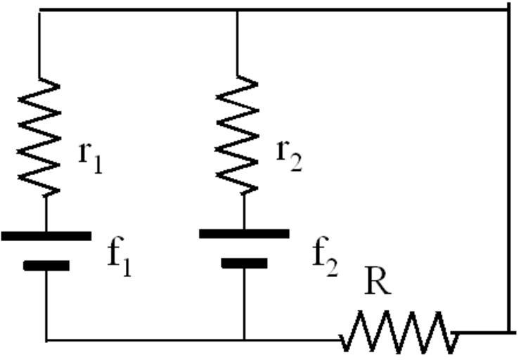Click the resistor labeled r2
pos(238,134)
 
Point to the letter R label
pos(377,283)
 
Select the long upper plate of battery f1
pos(46,236)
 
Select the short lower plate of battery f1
pos(46,265)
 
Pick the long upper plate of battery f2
pos(244,233)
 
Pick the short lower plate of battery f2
pos(244,263)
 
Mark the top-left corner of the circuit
pos(39,11)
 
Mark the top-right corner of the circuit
pos(508,9)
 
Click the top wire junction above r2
pos(237,11)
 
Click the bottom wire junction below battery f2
pos(244,340)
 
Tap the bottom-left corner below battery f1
pos(46,340)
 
